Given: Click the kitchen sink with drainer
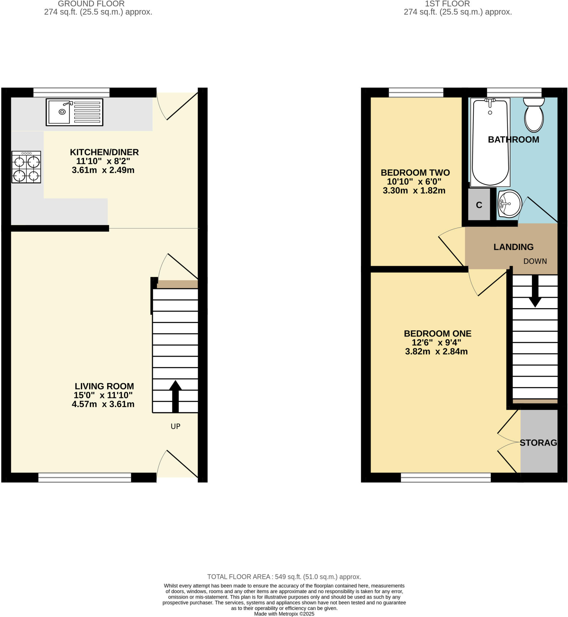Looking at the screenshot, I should click(74, 112).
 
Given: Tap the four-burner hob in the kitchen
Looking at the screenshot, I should click(26, 167).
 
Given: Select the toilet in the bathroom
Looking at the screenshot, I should click(534, 114).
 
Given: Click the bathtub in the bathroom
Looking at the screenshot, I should click(490, 142).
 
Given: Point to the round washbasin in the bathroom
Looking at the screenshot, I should click(510, 204).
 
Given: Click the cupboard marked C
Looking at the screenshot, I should click(479, 205).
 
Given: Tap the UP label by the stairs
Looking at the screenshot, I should click(175, 426).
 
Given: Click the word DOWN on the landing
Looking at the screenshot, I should click(535, 261).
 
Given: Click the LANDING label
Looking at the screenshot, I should click(513, 247).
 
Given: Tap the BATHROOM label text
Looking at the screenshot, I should click(513, 139).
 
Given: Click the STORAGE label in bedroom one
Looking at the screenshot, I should click(538, 443).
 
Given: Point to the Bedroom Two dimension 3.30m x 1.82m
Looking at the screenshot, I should click(414, 190).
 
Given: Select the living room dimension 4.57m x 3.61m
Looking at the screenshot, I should click(103, 404).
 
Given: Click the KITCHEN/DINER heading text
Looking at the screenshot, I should click(104, 152).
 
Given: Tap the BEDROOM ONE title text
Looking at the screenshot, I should click(437, 333).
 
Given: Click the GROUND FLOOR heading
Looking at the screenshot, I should click(91, 4).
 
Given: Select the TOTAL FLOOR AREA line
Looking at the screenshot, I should click(284, 576).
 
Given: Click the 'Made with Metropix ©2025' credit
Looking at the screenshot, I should click(284, 614).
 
